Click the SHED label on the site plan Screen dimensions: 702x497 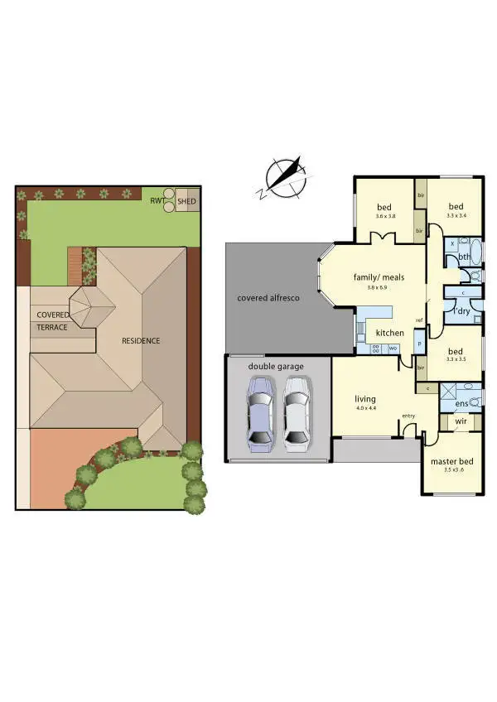(x=187, y=200)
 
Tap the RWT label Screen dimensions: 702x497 (x=156, y=200)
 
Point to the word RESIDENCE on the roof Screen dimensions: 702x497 (x=141, y=340)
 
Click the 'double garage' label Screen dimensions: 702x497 (x=277, y=365)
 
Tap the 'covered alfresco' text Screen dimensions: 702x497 (x=268, y=297)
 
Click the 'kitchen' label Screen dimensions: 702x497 (x=389, y=333)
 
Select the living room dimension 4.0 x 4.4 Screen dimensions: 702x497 (x=366, y=407)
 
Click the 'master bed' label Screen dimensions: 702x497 (x=451, y=460)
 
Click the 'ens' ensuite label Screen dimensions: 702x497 (x=461, y=403)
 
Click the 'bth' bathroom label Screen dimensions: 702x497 (x=465, y=257)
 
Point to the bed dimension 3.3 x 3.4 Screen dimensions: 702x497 (x=457, y=216)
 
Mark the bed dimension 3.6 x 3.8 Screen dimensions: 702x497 (x=385, y=216)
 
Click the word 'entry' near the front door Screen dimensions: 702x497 (x=408, y=416)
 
